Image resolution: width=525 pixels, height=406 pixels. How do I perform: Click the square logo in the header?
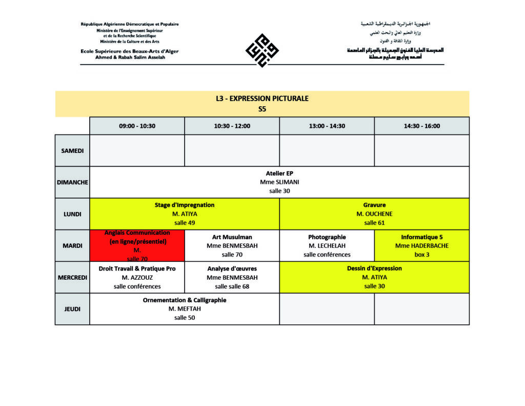262,50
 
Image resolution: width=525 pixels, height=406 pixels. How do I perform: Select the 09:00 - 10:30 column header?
137,126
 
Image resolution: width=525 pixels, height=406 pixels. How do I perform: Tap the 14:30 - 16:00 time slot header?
421,126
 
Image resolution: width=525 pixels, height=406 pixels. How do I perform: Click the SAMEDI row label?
72,150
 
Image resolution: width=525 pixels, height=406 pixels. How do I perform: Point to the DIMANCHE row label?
72,182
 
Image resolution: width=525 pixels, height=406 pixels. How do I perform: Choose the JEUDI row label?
72,309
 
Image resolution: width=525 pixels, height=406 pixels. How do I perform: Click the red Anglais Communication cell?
137,246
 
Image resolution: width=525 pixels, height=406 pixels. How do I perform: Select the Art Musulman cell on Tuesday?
232,246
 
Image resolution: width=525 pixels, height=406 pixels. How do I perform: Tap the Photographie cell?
327,246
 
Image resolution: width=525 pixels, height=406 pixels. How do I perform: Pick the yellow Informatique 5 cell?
421,246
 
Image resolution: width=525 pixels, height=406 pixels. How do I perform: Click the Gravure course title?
374,205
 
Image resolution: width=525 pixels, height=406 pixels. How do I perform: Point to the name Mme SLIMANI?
279,182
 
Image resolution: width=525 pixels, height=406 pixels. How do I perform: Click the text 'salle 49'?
185,223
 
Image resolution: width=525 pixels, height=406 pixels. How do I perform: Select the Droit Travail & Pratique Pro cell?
137,277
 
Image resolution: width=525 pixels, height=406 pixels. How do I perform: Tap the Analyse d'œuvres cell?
232,277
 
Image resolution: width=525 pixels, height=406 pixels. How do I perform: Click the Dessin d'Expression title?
374,268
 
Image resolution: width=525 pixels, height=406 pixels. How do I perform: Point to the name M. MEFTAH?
185,309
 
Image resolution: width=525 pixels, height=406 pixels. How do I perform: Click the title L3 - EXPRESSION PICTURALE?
262,99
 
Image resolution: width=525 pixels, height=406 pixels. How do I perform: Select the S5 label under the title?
262,109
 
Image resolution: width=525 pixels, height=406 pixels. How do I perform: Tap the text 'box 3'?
421,255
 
